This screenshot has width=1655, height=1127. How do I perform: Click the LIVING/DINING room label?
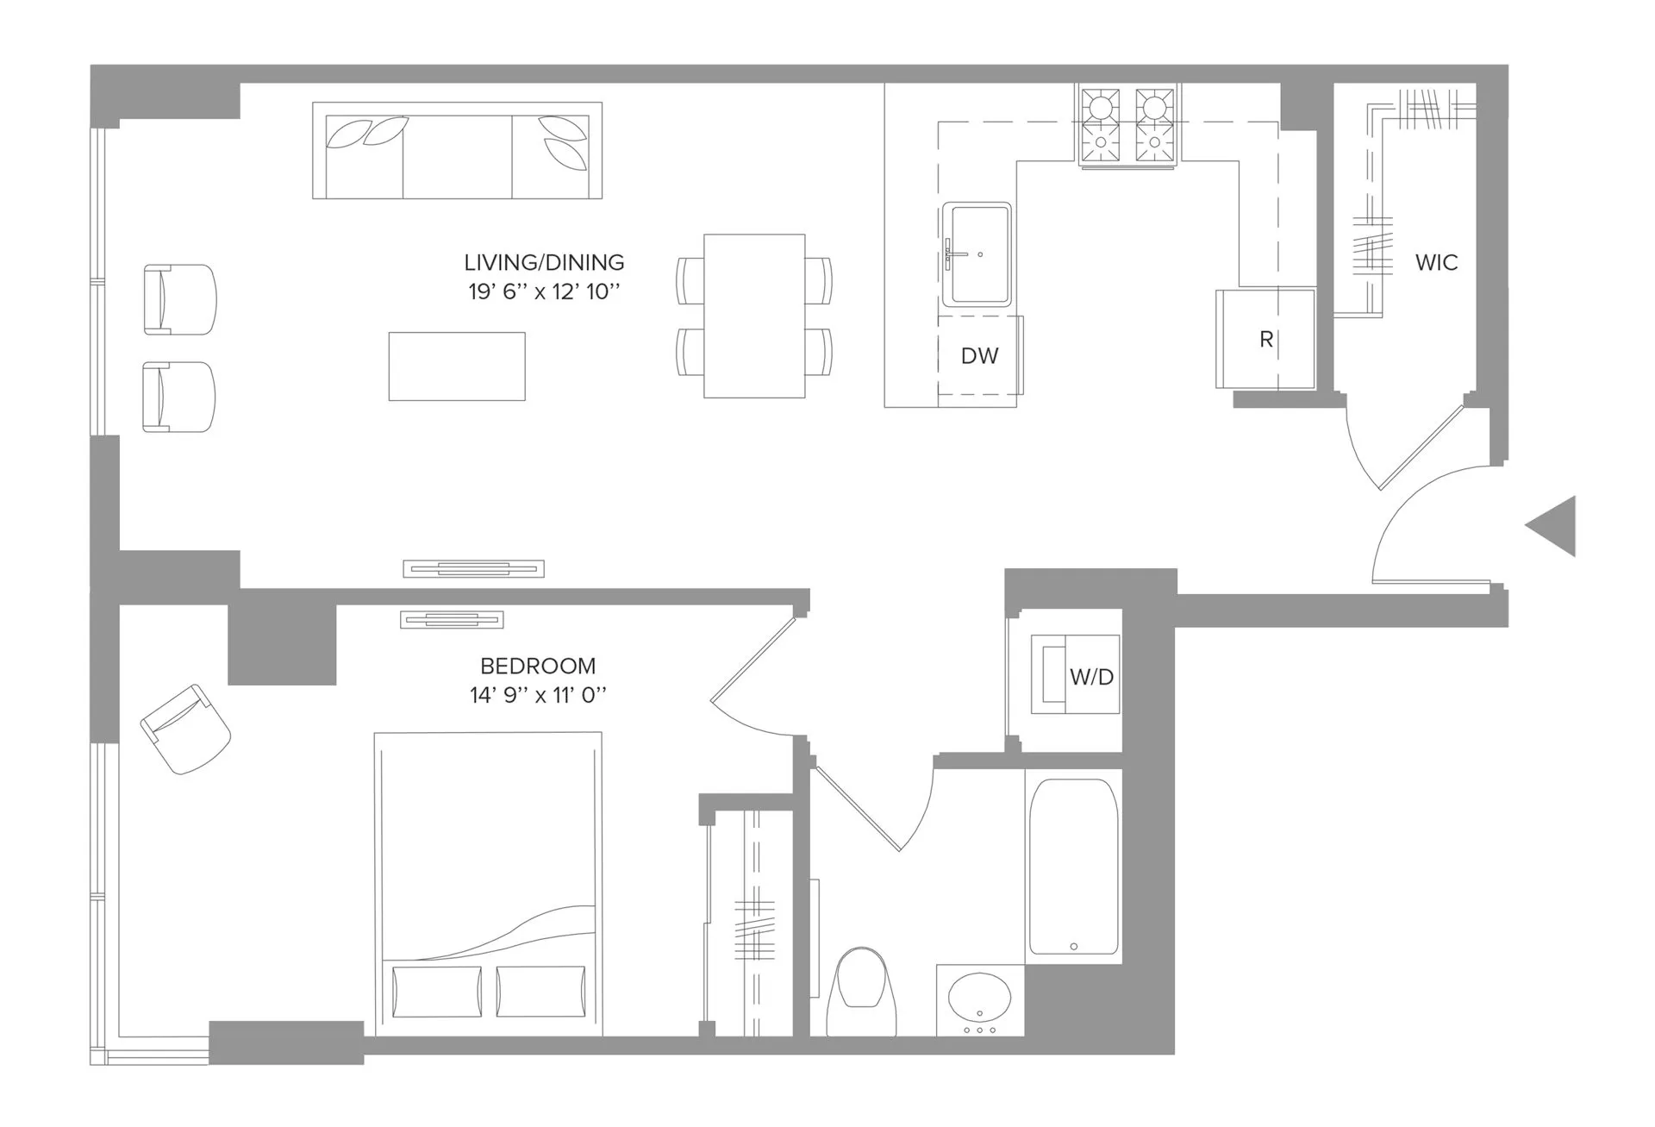click(544, 262)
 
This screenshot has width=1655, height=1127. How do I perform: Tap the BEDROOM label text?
click(538, 666)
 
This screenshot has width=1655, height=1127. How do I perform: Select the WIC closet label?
click(1436, 262)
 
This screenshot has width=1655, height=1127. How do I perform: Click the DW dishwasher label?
click(979, 355)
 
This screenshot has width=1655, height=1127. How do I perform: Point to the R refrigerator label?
click(1265, 340)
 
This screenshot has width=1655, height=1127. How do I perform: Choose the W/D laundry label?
click(1091, 677)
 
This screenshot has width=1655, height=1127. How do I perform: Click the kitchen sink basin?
click(977, 254)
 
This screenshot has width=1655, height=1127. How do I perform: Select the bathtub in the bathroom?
click(1073, 867)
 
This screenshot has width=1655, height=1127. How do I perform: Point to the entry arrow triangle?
click(1554, 525)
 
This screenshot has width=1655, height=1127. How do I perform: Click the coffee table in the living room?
click(457, 366)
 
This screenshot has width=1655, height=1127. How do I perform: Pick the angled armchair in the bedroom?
click(185, 729)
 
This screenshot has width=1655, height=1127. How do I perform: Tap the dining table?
click(754, 316)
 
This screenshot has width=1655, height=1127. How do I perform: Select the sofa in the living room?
click(457, 151)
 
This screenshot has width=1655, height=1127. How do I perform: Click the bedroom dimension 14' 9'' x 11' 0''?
click(538, 695)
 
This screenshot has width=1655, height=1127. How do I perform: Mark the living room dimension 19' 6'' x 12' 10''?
click(544, 291)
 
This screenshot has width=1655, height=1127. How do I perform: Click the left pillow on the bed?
click(436, 992)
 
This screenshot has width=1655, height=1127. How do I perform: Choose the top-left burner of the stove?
click(1102, 108)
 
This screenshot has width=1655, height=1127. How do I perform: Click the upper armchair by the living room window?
click(179, 299)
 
